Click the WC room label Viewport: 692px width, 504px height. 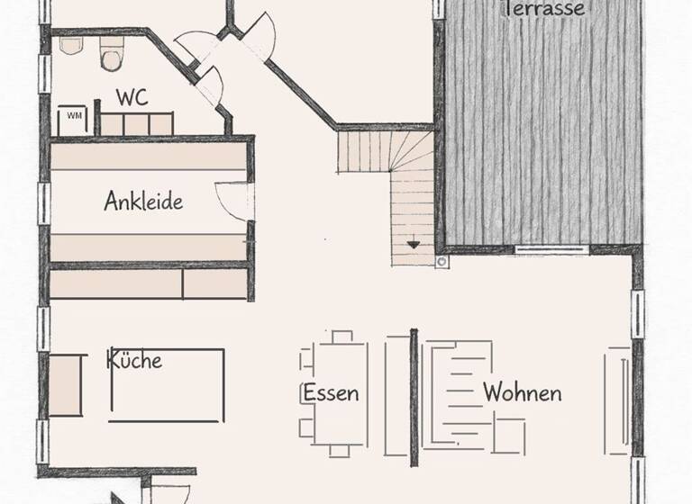tap(132, 94)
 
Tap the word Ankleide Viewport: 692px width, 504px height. tap(143, 201)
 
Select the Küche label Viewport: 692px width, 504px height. tap(135, 360)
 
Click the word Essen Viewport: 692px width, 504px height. tap(331, 393)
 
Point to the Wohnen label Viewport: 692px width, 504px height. tap(523, 393)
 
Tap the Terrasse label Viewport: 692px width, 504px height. tap(545, 9)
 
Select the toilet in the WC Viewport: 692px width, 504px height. tap(112, 58)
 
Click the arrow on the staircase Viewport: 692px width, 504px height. tap(413, 242)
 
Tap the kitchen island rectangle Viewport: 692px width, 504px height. tap(167, 385)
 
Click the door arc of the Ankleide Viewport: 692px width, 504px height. tap(232, 200)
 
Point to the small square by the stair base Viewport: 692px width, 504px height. tap(442, 261)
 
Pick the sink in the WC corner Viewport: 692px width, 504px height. tap(71, 46)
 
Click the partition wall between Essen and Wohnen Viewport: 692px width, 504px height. tap(414, 393)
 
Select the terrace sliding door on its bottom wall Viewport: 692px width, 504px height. tap(551, 247)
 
